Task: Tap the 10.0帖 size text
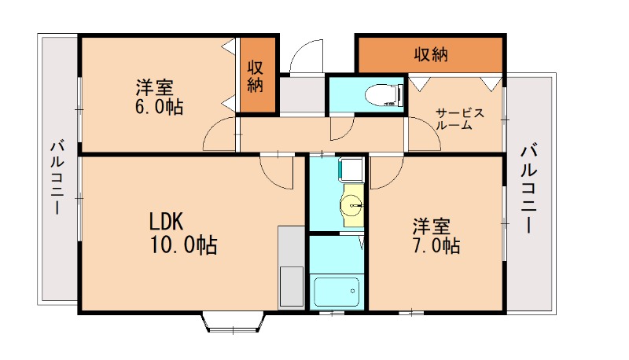tap(183, 245)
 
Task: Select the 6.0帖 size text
tap(158, 107)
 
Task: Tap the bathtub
tap(337, 292)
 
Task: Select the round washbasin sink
tap(351, 207)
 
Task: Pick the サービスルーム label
tap(458, 119)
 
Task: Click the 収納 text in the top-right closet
tap(431, 54)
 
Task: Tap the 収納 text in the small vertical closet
tap(256, 76)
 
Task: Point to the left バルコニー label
tap(57, 178)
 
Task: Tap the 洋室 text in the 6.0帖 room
tap(154, 86)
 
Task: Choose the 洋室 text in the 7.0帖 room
tap(432, 226)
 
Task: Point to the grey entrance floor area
tap(301, 94)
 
